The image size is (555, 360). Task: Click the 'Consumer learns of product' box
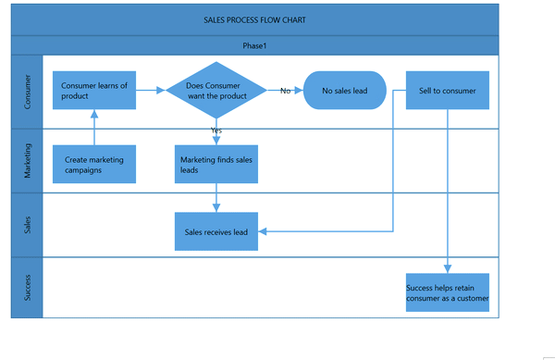click(94, 91)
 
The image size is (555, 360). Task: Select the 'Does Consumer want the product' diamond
click(216, 91)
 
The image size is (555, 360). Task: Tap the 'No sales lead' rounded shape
click(345, 91)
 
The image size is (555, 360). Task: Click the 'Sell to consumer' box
click(448, 91)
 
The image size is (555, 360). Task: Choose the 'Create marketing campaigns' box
click(94, 164)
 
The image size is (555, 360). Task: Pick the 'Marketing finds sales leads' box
click(216, 164)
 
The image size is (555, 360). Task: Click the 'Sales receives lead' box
click(216, 231)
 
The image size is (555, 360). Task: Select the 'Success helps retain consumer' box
click(448, 292)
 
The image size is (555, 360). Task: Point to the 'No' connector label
click(285, 91)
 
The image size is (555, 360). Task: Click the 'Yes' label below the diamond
click(216, 130)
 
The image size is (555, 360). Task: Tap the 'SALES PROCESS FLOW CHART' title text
click(254, 20)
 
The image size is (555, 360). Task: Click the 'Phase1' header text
click(254, 45)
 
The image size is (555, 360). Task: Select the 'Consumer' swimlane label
click(27, 92)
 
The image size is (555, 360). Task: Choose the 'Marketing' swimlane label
click(27, 160)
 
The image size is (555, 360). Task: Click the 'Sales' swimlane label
click(27, 225)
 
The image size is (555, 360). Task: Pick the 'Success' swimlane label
click(27, 288)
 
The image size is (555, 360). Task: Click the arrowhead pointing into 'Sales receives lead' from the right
click(263, 231)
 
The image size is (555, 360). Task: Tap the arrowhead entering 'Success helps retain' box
click(448, 269)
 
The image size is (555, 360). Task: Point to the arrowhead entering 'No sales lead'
click(299, 91)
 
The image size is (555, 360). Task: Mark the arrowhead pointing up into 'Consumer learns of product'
click(94, 114)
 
